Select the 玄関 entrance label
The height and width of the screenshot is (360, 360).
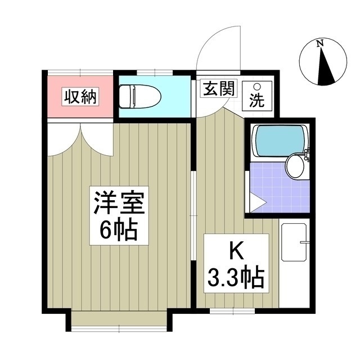[218, 89]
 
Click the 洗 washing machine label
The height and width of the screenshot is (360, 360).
[257, 102]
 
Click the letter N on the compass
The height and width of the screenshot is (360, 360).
[319, 44]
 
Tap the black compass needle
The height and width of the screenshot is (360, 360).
[325, 70]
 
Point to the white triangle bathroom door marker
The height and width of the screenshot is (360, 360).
[256, 204]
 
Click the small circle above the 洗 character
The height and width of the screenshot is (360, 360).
[257, 88]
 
